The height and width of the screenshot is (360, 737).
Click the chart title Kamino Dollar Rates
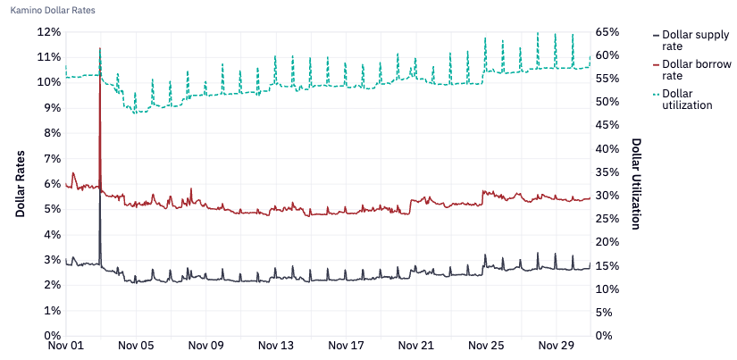53,10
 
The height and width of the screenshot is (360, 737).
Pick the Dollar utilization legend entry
687,99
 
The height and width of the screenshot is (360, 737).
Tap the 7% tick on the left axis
49,158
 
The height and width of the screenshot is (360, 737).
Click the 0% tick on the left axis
49,336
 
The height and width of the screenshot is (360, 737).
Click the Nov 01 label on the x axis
66,345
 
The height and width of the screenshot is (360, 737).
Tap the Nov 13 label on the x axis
275,345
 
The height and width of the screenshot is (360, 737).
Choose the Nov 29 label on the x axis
555,345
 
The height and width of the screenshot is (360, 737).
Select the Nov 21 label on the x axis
415,345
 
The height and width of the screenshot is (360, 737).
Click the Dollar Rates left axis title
20,183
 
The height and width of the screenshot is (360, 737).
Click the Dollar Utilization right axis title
636,183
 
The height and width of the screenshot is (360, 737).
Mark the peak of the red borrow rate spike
100,48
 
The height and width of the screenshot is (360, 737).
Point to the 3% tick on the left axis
49,260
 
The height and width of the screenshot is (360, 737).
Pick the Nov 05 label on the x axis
136,345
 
